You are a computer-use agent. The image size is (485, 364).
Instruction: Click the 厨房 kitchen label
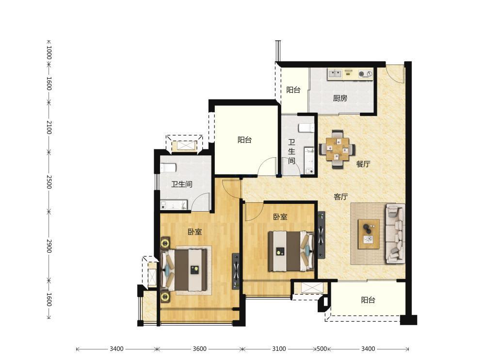click(340, 99)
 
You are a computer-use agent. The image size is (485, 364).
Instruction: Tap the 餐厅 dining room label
click(363, 164)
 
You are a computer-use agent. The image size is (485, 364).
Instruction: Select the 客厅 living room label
click(341, 197)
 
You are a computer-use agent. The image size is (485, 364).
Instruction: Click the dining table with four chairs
click(337, 149)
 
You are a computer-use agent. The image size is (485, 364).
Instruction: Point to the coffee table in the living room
click(369, 234)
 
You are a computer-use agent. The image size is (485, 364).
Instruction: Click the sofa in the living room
click(395, 234)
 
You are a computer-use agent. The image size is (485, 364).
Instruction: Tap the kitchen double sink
click(335, 74)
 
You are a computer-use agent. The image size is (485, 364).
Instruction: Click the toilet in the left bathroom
click(168, 168)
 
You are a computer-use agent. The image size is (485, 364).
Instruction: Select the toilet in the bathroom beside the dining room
click(306, 128)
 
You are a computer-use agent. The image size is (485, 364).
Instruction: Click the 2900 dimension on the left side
click(49, 246)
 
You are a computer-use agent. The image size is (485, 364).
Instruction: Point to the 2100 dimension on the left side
click(49, 127)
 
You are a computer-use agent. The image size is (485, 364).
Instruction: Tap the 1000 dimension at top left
click(49, 52)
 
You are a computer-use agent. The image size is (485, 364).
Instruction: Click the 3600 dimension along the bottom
click(199, 349)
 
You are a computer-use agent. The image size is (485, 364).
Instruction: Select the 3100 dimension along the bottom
click(279, 349)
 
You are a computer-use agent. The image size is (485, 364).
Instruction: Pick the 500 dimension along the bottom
click(322, 349)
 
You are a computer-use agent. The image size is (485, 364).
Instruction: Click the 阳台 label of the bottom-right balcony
click(368, 300)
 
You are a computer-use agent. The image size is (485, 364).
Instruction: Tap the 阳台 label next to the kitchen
click(293, 90)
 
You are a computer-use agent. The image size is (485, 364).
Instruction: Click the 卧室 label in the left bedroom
click(195, 232)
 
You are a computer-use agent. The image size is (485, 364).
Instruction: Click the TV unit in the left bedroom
click(236, 271)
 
